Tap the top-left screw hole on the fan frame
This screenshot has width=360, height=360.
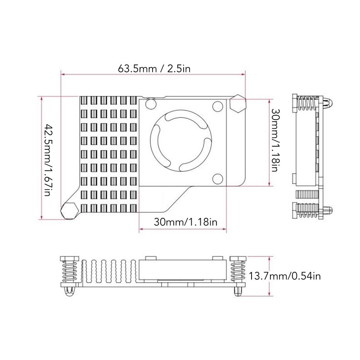coord(150,106)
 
